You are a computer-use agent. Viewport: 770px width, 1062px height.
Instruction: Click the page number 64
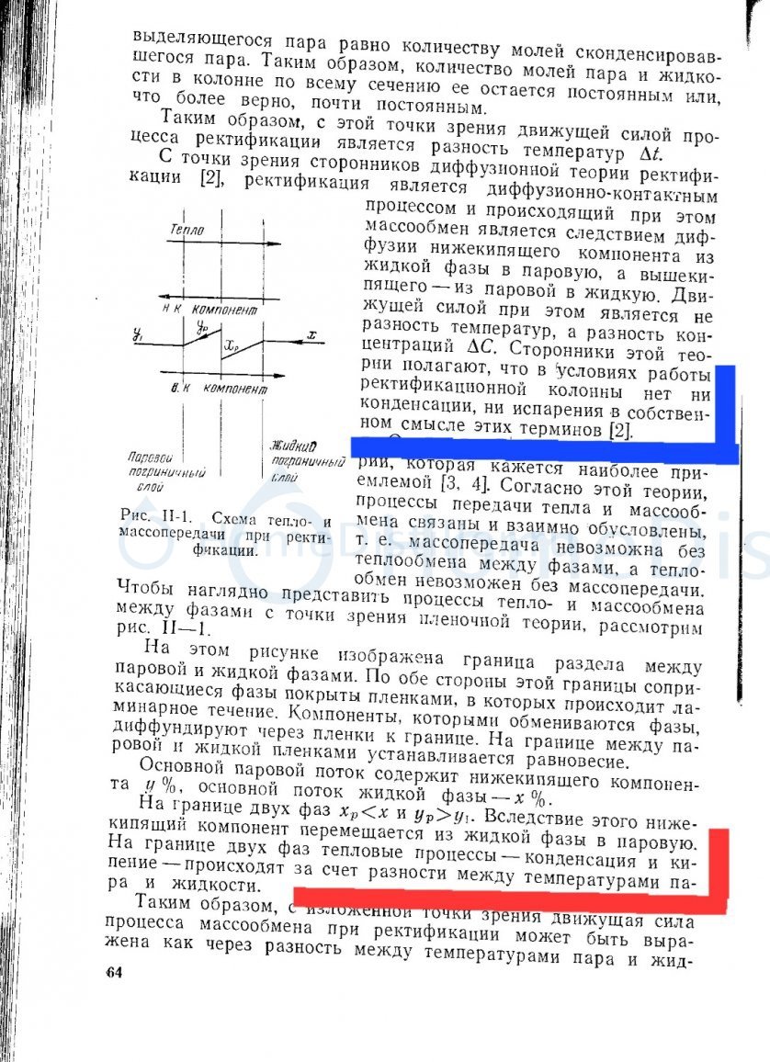114,974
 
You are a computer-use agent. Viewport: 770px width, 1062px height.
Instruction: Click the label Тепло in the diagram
187,230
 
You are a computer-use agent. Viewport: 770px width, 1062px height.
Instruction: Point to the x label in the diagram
312,336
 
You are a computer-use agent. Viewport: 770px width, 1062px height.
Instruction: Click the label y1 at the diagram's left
137,336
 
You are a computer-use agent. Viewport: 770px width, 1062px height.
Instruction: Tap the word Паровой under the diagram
151,456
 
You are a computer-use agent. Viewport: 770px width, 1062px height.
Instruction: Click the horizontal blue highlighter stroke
542,449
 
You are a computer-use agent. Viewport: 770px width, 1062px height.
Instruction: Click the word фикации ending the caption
224,551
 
